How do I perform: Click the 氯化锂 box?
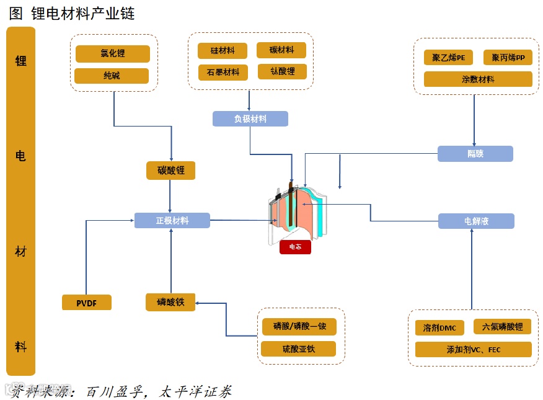coord(112,54)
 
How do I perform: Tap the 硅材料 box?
coord(222,51)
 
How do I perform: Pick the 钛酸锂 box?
coord(283,71)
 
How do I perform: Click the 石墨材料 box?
coord(223,73)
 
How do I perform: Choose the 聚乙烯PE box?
coord(448,58)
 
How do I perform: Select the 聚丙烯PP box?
coord(508,58)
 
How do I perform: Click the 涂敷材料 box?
coord(478,79)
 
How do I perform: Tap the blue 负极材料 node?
coord(250,119)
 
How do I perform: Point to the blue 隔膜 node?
coord(475,154)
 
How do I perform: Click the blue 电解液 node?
coord(475,221)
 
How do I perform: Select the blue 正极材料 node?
coord(172,220)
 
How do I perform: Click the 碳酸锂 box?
coord(170,171)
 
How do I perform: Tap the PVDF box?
coord(87,303)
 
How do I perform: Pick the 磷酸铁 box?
coord(170,302)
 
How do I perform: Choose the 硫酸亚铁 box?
coord(298,349)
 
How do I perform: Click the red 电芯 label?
coord(295,247)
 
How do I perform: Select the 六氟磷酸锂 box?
coord(502,327)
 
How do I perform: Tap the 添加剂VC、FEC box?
coord(473,350)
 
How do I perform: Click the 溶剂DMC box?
coord(439,327)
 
